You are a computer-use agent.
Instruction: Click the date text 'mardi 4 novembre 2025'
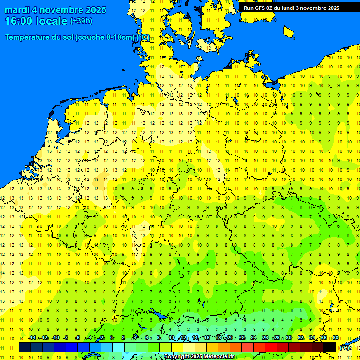click(55, 10)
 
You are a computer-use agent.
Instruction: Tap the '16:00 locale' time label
click(36, 21)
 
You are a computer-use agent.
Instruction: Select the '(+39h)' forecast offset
click(81, 21)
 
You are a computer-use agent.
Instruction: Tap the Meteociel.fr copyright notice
click(199, 357)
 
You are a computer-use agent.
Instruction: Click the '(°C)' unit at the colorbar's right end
click(344, 347)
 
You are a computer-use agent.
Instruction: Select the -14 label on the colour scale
click(32, 338)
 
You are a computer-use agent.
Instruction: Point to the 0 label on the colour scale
click(111, 338)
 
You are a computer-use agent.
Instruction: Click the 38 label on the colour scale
click(336, 338)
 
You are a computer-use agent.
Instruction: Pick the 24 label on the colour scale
click(253, 338)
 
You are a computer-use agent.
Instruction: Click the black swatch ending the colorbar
click(330, 347)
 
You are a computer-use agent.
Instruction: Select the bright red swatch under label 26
click(271, 347)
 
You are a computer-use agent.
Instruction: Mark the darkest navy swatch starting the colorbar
click(25, 347)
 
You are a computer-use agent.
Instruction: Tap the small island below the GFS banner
click(288, 31)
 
